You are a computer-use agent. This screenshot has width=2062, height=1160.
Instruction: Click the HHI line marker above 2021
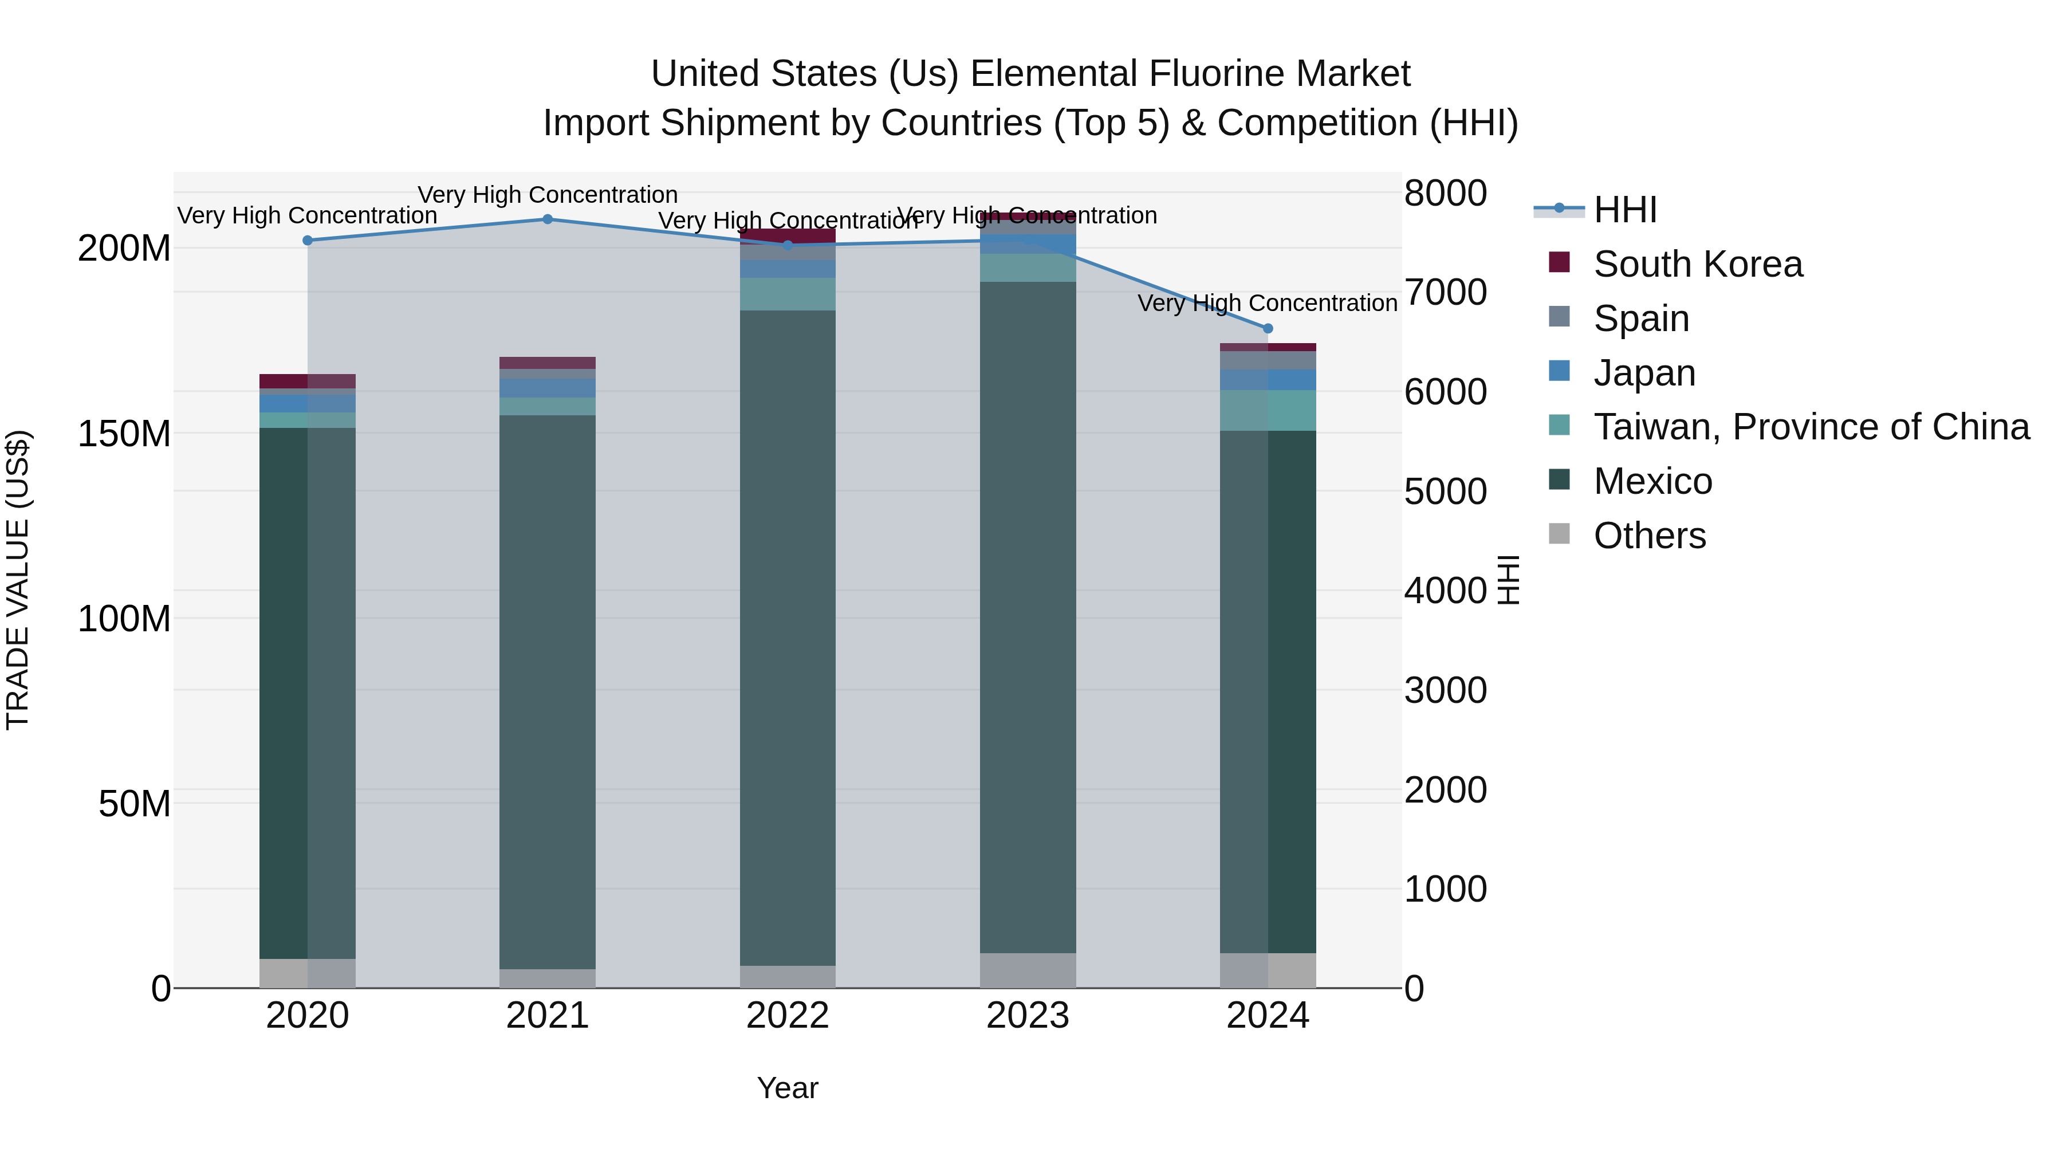click(x=548, y=219)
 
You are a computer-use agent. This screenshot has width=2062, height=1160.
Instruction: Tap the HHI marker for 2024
click(x=1267, y=328)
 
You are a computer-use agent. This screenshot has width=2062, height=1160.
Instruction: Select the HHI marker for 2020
click(x=308, y=240)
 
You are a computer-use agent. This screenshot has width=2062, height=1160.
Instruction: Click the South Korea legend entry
click(x=1697, y=264)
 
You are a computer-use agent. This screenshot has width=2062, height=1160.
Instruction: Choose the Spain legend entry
click(x=1641, y=318)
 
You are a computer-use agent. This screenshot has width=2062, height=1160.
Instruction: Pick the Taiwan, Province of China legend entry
click(x=1811, y=427)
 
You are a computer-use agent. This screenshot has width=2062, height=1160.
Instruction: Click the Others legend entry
click(x=1649, y=536)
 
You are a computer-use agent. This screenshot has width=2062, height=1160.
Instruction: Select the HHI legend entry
click(x=1625, y=210)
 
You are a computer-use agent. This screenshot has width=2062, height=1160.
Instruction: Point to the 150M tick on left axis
click(x=124, y=434)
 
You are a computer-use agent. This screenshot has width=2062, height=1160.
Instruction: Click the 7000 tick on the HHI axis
click(x=1446, y=292)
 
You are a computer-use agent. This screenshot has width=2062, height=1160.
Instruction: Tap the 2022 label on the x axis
click(x=788, y=1016)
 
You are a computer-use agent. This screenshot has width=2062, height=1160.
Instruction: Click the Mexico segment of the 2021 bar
click(x=548, y=689)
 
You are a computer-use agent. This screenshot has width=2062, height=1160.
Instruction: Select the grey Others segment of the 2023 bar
click(x=1028, y=970)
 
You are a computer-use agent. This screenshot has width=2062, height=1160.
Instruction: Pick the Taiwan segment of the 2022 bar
click(x=788, y=294)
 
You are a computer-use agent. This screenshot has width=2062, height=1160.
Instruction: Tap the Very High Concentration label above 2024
click(x=1267, y=304)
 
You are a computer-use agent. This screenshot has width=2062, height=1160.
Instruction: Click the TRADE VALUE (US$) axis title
click(x=18, y=580)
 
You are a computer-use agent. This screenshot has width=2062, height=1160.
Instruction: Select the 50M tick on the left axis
click(x=135, y=804)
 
